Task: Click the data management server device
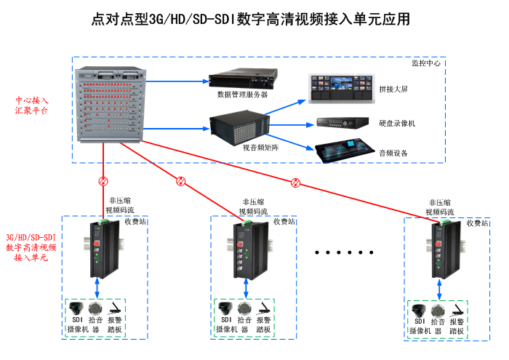click(x=242, y=80)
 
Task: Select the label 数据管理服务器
click(x=242, y=95)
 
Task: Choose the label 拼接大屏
click(x=393, y=89)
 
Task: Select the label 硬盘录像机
click(x=397, y=124)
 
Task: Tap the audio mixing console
click(x=344, y=151)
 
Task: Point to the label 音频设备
click(x=393, y=153)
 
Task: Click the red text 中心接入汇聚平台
click(x=32, y=105)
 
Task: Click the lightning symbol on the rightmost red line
click(x=295, y=182)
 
